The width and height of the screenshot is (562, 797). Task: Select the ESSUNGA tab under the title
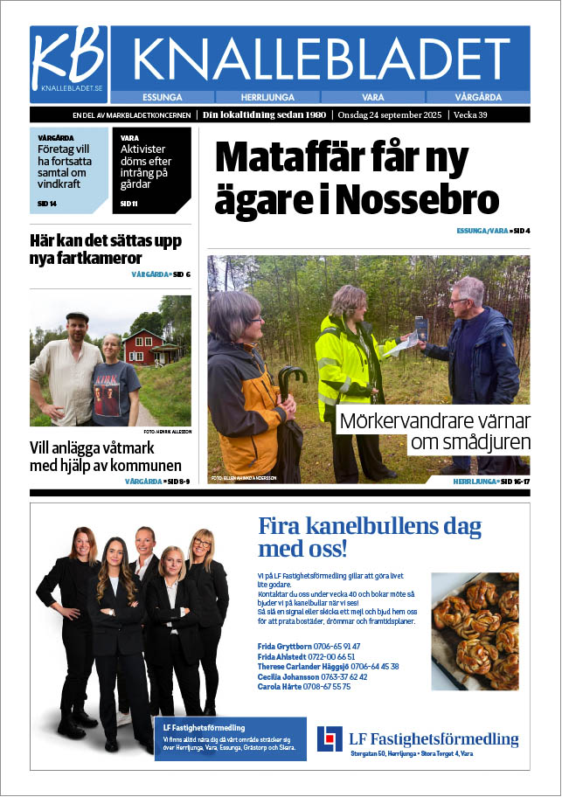(162, 97)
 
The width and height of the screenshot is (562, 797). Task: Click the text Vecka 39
(489, 114)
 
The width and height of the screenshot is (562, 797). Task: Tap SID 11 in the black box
(128, 204)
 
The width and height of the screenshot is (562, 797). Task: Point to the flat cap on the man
(78, 317)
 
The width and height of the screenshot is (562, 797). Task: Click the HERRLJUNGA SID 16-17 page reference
(491, 482)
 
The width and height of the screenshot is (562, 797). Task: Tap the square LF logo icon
(330, 739)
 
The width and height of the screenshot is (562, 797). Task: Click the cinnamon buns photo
(475, 618)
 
